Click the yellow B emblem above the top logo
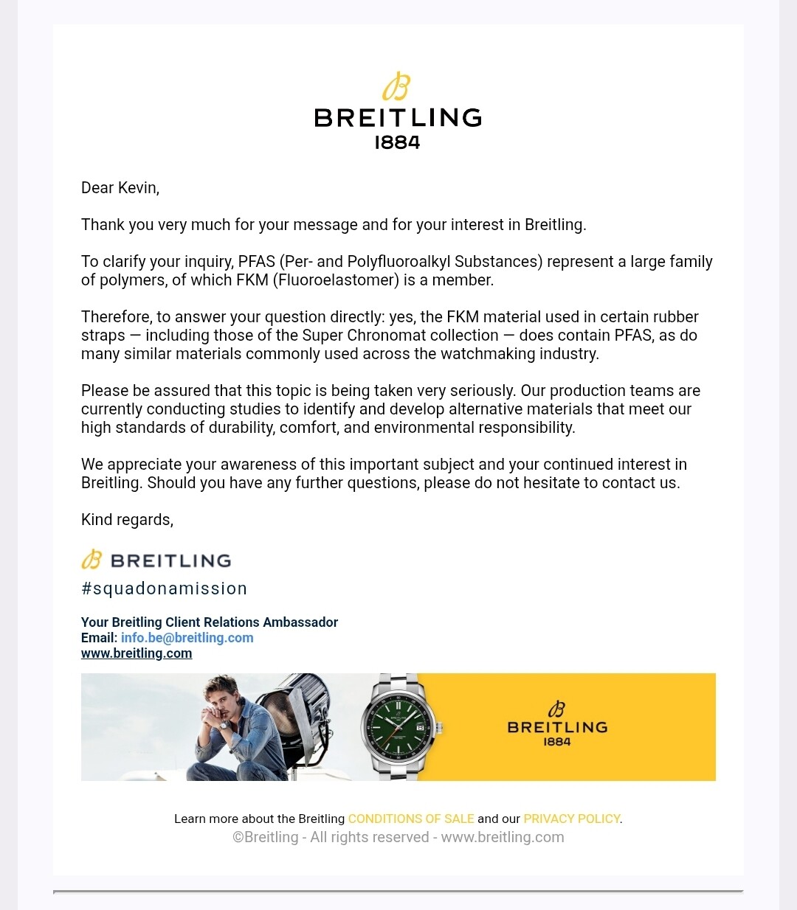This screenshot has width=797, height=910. coord(396,86)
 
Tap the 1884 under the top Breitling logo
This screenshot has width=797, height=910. coord(397,142)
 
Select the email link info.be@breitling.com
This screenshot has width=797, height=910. coord(187,638)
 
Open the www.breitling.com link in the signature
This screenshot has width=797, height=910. coord(137,653)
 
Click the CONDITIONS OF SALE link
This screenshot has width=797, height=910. coord(411,819)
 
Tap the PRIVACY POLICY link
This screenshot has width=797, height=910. coord(572,819)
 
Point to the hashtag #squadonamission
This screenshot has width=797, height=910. coord(164,588)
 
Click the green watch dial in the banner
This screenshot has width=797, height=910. coord(399,727)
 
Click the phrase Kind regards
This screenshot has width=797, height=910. coord(127,520)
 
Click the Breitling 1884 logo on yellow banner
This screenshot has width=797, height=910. coord(557,726)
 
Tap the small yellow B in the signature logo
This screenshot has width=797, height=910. coord(92,560)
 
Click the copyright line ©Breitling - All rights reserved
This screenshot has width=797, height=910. coord(398,837)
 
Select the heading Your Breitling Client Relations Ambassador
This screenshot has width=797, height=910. coord(210,622)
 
